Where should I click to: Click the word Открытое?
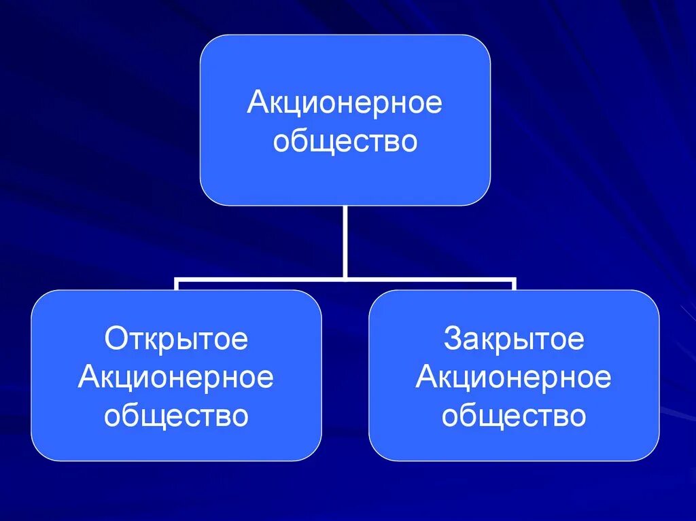pos(176,339)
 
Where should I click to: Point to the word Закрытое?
pos(514,339)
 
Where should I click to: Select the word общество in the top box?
pos(345,142)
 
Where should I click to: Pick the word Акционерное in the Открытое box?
pos(176,378)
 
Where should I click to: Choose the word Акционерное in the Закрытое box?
pos(514,378)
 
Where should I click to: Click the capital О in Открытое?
pos(114,339)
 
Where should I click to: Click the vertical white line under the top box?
pos(345,241)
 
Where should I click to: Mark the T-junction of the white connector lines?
pos(345,278)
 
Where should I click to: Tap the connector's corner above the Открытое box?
pos(177,279)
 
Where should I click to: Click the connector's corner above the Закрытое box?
pos(514,279)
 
